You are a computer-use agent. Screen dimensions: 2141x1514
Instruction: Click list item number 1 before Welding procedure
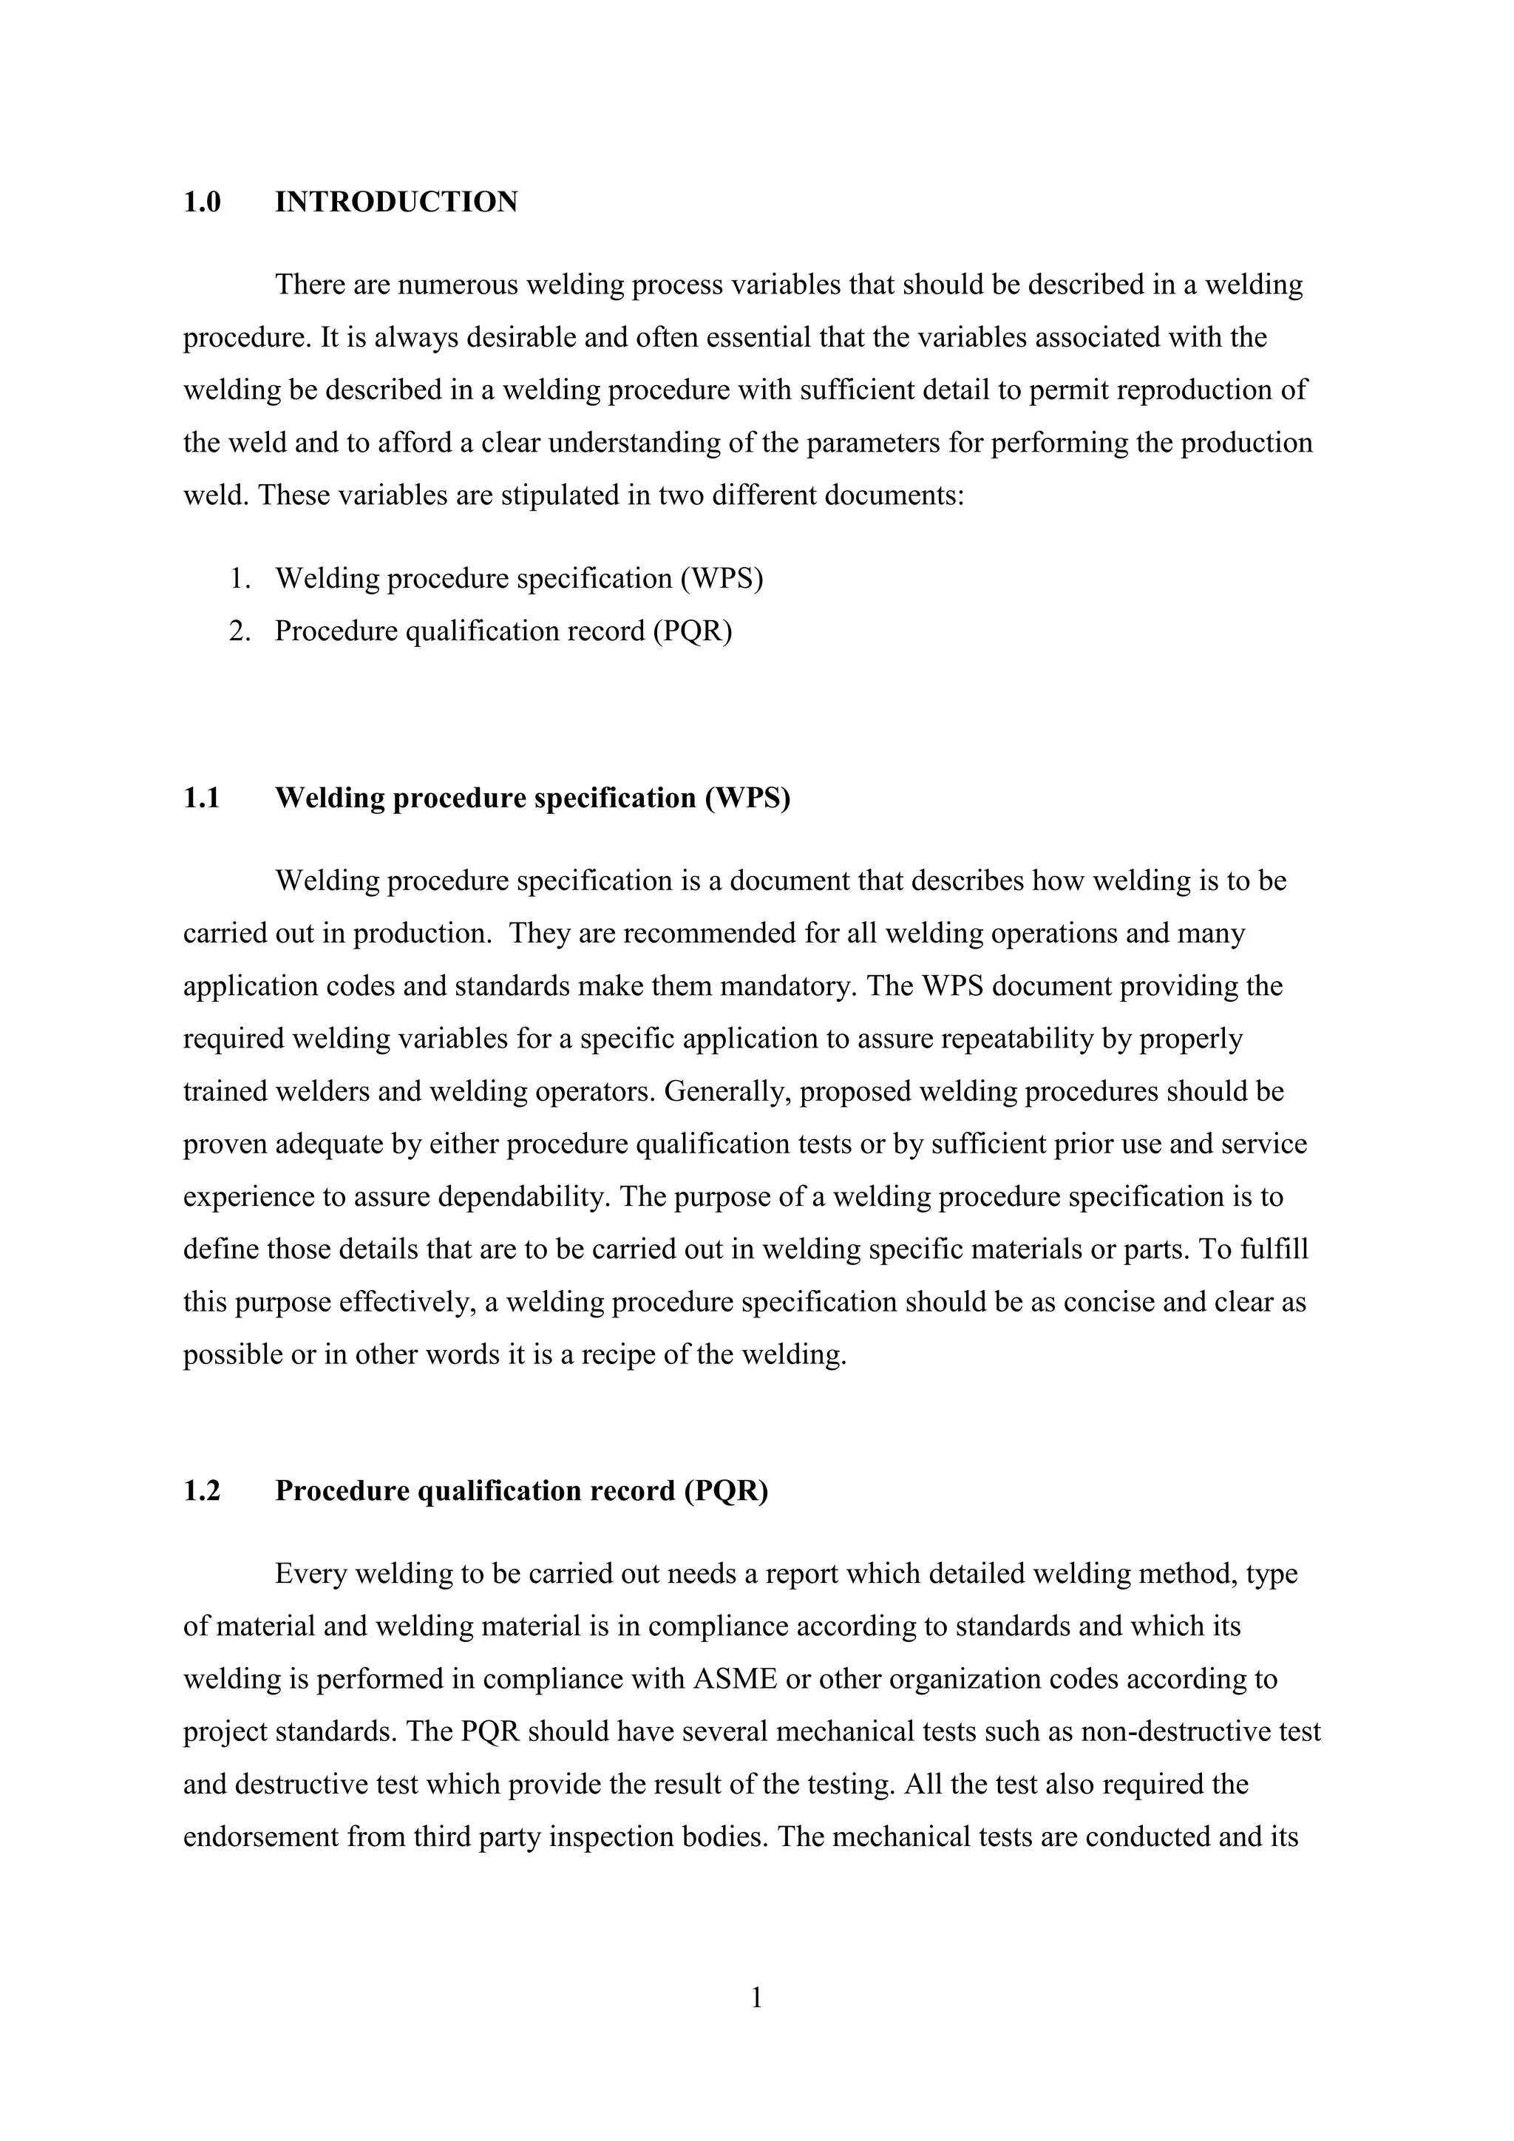(240, 579)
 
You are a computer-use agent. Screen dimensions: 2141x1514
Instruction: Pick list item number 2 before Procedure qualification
(240, 631)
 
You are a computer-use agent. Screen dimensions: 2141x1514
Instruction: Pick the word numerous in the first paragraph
(458, 285)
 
